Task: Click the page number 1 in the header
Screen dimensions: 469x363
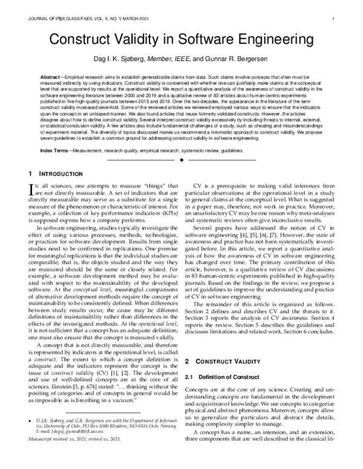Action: pos(334,19)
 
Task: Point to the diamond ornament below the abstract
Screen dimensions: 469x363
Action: pos(181,160)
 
